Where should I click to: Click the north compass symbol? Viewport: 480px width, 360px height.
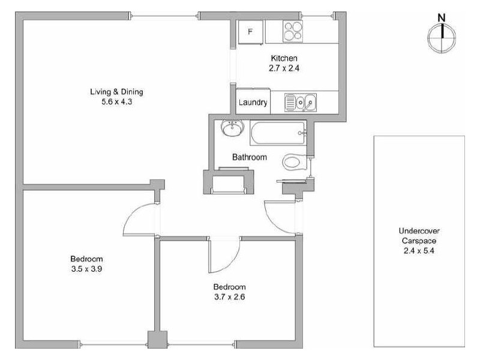point(442,36)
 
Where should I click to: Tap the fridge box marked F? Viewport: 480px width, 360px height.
point(251,32)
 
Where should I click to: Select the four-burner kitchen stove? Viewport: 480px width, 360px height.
point(292,32)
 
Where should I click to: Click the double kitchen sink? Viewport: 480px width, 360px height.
point(300,103)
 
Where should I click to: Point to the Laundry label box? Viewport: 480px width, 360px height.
point(253,102)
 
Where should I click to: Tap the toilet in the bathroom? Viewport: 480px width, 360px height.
point(293,161)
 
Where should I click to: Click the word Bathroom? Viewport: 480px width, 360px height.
point(250,157)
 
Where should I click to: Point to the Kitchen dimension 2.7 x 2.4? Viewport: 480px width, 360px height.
point(284,68)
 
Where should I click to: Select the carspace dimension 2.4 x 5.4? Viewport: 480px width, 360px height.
point(419,251)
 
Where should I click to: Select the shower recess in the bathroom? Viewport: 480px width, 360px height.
point(229,182)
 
